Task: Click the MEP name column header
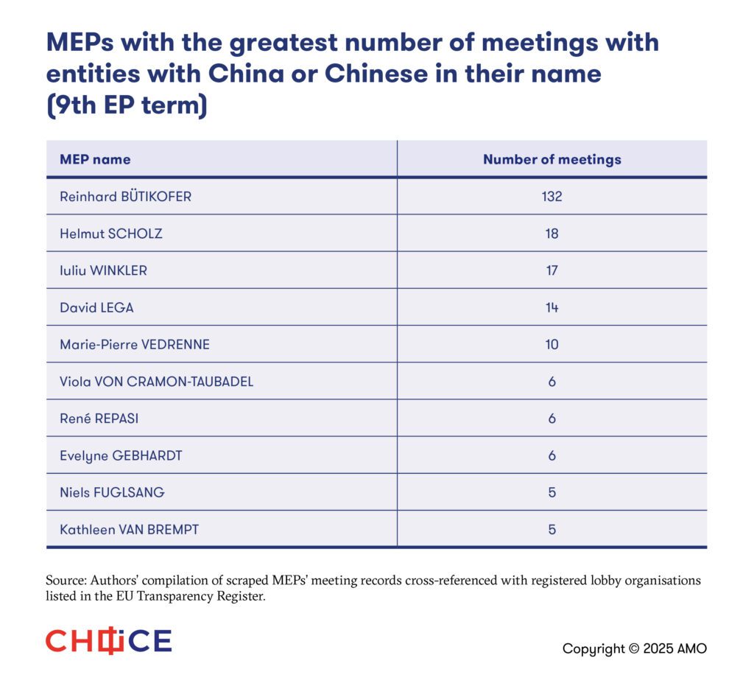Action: [95, 159]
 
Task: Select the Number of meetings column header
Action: [552, 159]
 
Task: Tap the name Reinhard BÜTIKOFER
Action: [125, 197]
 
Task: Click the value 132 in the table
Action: [552, 197]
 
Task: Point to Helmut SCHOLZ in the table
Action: [111, 234]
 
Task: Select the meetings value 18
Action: [552, 234]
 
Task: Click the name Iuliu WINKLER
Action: [103, 270]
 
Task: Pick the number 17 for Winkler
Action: [552, 270]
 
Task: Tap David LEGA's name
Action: [96, 307]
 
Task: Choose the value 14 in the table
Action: [552, 307]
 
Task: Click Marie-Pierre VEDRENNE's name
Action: [135, 344]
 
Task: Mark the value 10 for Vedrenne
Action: [552, 344]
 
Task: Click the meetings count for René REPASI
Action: [552, 419]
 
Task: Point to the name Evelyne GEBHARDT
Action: [121, 455]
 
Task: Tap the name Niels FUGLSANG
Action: [112, 492]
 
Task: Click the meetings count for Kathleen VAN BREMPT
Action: [552, 529]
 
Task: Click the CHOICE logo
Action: [108, 641]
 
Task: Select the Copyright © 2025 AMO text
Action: [634, 648]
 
